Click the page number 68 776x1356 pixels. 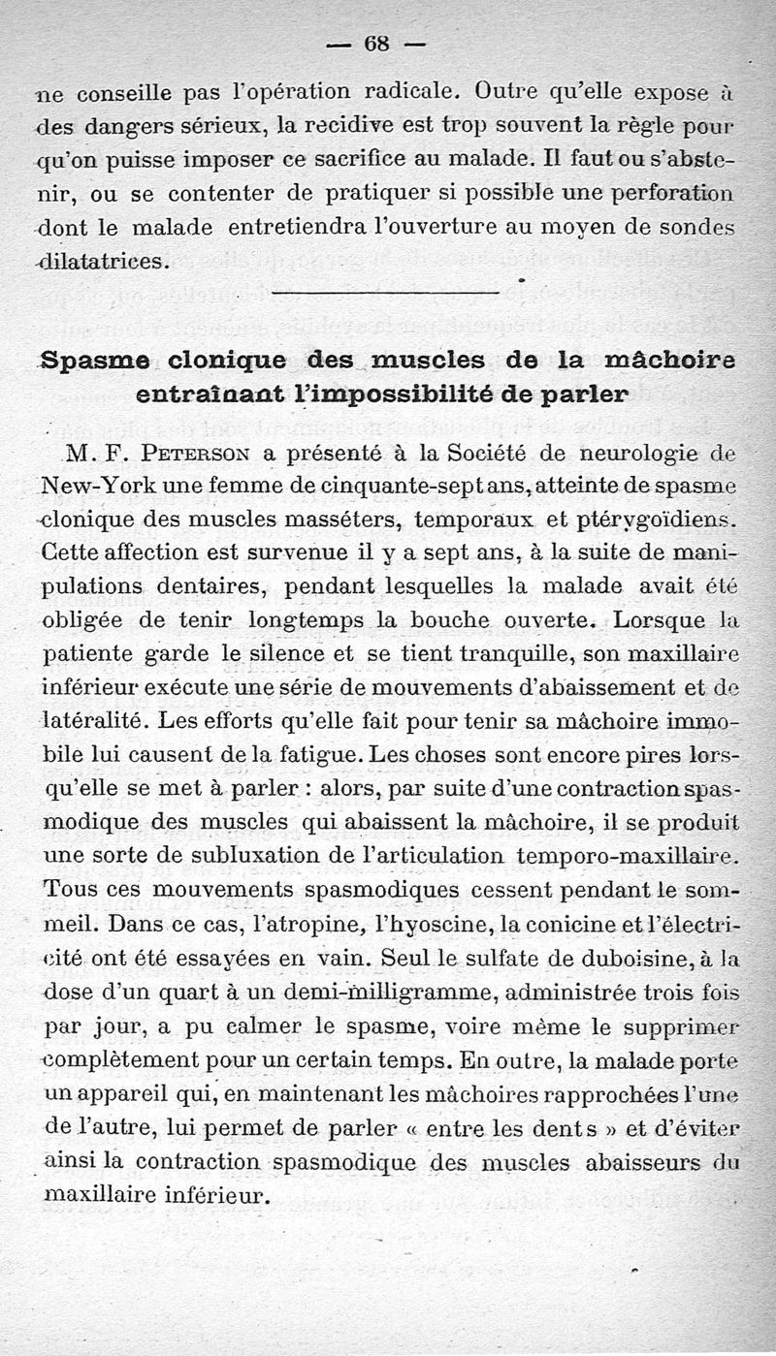pyautogui.click(x=375, y=44)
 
